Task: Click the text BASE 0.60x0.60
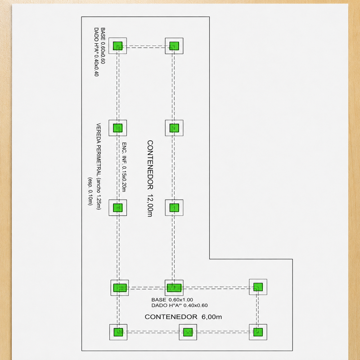103,46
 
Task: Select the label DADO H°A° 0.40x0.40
96,52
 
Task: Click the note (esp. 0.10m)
90,191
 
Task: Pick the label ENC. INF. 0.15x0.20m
124,167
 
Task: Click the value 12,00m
150,206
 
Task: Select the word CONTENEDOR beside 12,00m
150,165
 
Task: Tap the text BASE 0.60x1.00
172,300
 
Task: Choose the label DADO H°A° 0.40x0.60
179,306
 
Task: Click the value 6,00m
211,317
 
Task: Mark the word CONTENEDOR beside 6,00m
171,317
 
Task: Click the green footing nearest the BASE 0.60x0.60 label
118,46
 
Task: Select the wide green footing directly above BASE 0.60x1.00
174,288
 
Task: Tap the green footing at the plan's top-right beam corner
174,46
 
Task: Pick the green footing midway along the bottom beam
188,332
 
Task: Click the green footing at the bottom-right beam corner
258,332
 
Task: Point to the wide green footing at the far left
120,288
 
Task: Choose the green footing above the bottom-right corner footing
258,287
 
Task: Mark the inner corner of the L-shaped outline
209,259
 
